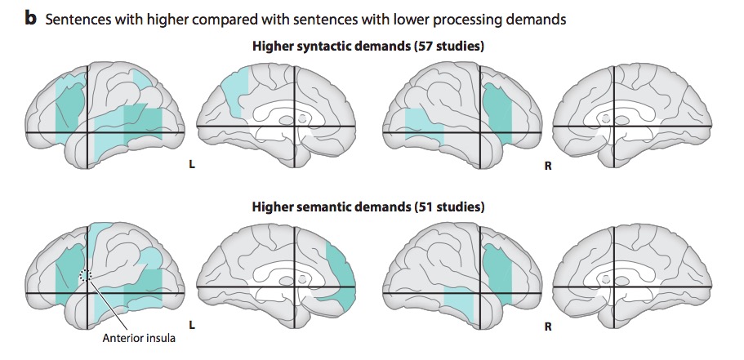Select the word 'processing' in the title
coord(461,18)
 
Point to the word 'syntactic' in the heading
coord(345,46)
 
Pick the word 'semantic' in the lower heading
coord(345,207)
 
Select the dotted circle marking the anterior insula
coord(86,276)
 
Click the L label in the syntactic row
coord(191,166)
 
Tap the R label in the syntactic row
coord(547,166)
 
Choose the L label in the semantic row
coord(191,326)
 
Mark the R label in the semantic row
coord(547,326)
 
